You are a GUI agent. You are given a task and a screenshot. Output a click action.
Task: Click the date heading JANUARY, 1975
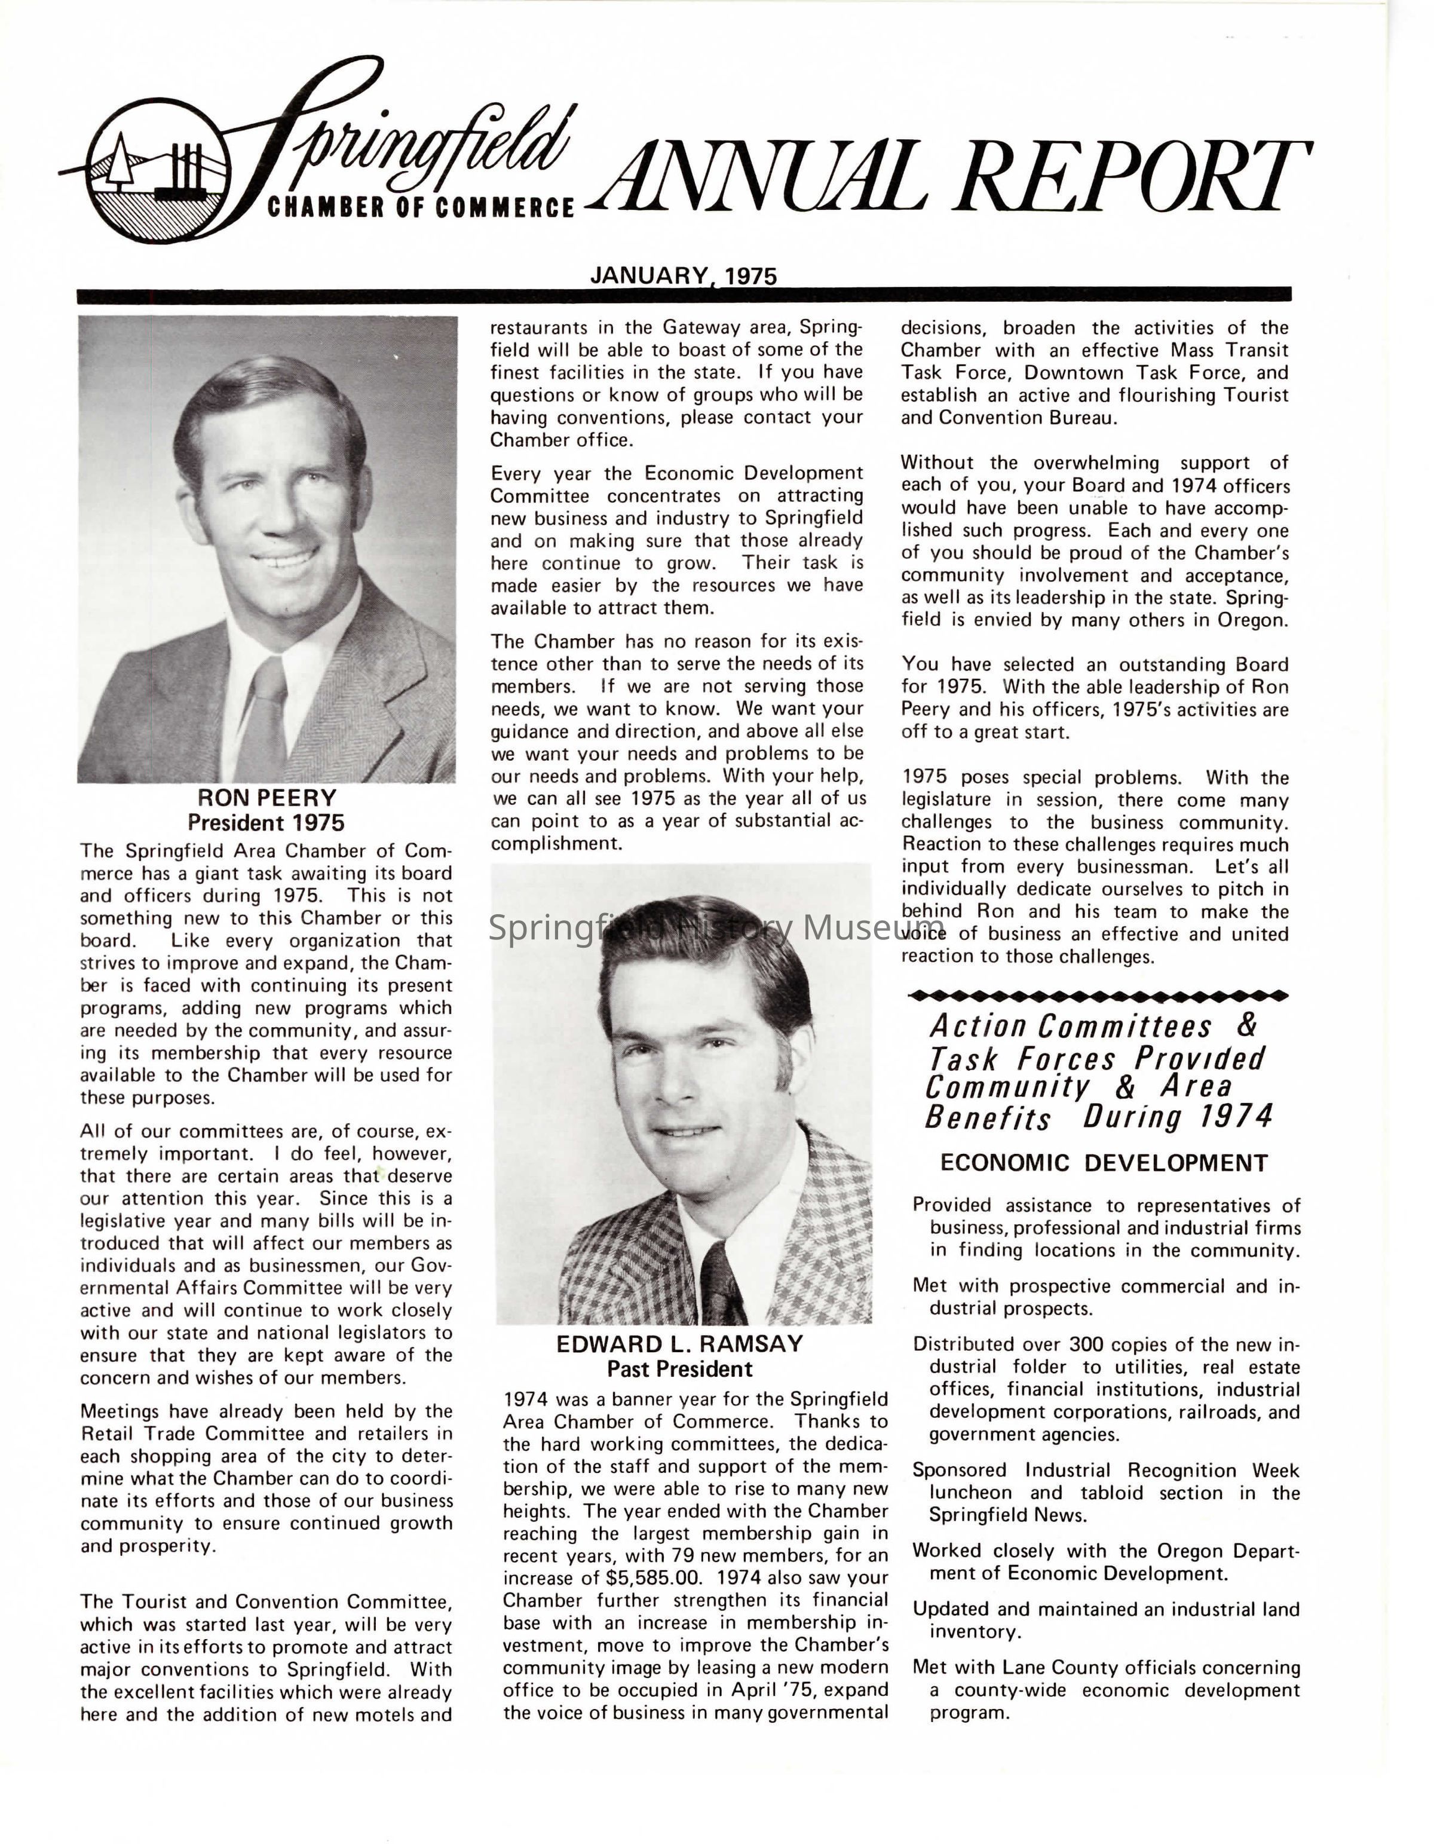point(683,275)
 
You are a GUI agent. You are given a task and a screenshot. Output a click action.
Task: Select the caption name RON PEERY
point(266,798)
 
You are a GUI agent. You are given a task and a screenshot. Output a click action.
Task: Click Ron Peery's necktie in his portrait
point(264,718)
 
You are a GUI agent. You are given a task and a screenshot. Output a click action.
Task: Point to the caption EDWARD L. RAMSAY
point(679,1344)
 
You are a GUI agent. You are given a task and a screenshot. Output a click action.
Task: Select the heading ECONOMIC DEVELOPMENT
point(1103,1163)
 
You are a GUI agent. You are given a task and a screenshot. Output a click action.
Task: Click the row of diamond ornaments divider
point(1097,996)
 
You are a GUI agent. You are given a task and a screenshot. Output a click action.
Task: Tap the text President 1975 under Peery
point(266,822)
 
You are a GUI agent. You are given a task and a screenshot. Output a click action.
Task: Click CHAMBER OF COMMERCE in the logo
point(420,208)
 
